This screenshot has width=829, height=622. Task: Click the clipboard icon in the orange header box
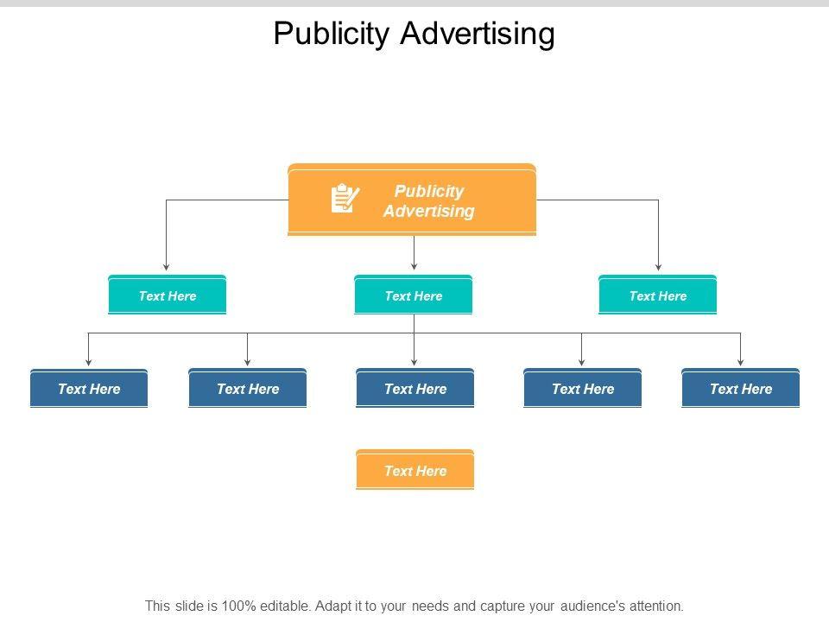[345, 199]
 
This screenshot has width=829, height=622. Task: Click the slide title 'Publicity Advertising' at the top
[414, 34]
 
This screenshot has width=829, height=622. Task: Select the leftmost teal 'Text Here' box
[167, 295]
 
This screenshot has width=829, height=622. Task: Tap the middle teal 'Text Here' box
[414, 295]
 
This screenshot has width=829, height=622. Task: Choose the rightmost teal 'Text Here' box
[657, 295]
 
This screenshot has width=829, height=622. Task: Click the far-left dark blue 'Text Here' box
[89, 389]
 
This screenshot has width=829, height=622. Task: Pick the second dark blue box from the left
[248, 389]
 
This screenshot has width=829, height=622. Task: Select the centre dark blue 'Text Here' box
[414, 389]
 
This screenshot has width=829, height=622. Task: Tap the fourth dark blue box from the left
[582, 389]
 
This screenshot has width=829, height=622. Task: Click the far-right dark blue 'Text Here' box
[740, 389]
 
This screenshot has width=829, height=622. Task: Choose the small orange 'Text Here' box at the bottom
[414, 471]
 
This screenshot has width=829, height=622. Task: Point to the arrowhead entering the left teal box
[167, 267]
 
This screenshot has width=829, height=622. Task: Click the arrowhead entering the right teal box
[658, 267]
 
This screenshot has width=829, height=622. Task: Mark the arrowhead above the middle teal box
[414, 267]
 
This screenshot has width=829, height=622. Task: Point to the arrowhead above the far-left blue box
[89, 361]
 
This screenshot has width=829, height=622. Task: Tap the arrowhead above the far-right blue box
[740, 361]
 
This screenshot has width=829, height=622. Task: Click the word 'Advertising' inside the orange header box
[429, 211]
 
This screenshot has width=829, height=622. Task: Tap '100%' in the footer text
[238, 606]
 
